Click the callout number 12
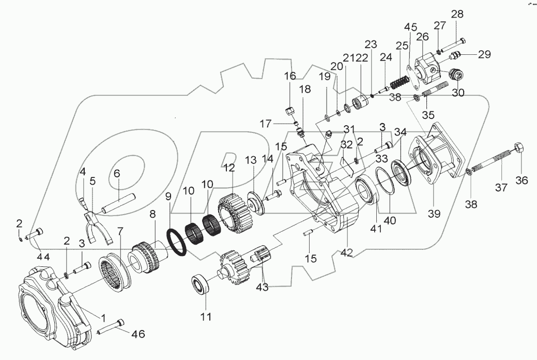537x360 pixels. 228,168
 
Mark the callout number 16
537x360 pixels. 290,76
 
